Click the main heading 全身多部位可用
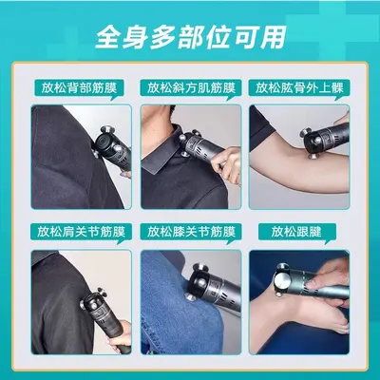tap(191, 37)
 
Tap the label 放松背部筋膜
tap(79, 87)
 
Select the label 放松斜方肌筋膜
tap(191, 87)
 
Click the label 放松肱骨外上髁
tap(299, 87)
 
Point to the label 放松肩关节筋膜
tap(81, 232)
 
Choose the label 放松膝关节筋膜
tap(191, 232)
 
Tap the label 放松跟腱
tap(296, 232)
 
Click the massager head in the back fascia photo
tap(107, 142)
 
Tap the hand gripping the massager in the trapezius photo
tap(227, 164)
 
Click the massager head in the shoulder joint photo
tap(93, 302)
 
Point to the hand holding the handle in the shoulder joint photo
tap(121, 334)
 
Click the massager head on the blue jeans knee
tap(198, 282)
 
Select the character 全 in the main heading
tap(108, 37)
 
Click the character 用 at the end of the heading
tap(273, 37)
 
